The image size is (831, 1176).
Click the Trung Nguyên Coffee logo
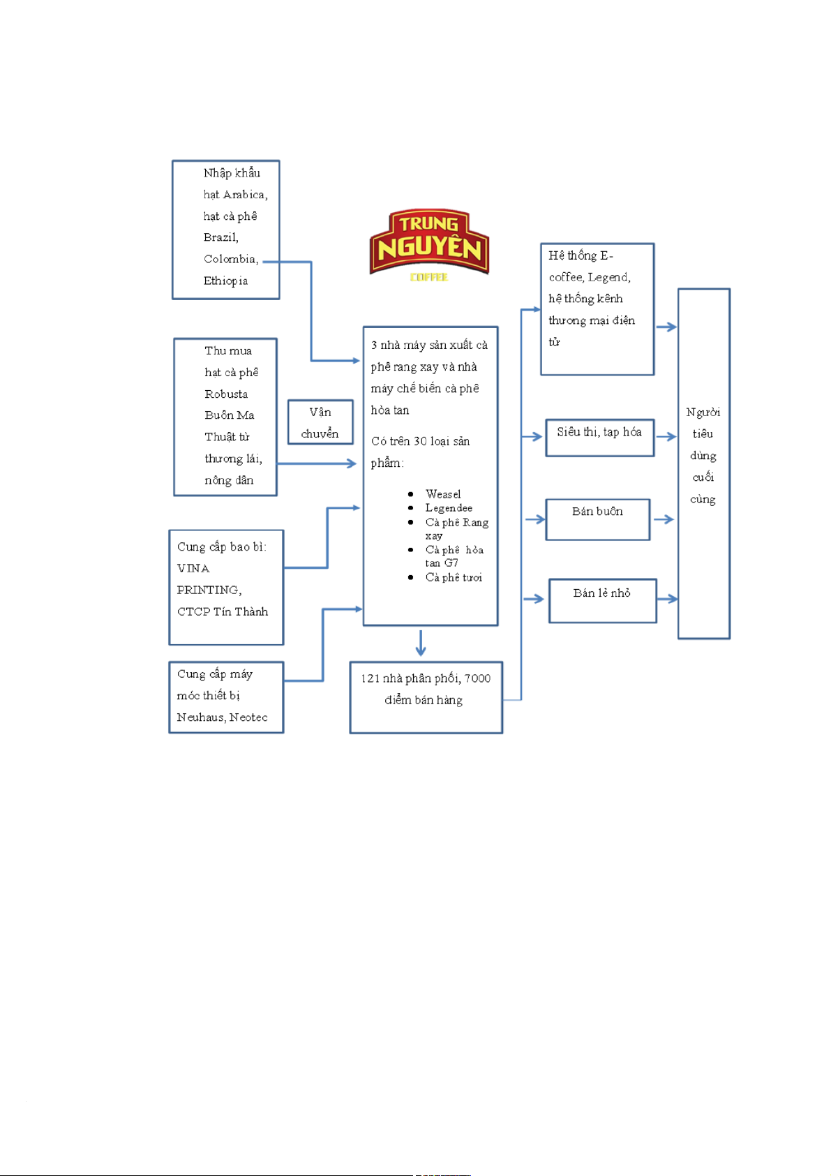[x=428, y=244]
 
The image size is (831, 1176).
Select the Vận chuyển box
[x=320, y=422]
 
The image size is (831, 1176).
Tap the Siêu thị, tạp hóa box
[x=599, y=438]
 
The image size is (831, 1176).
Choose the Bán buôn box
[x=597, y=519]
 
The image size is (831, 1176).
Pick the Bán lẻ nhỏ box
[x=602, y=600]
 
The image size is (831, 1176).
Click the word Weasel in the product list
[x=443, y=494]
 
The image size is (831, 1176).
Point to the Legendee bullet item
[x=449, y=508]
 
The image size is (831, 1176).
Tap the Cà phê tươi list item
[x=454, y=577]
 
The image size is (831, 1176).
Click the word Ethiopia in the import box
[x=225, y=281]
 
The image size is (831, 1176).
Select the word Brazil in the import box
[x=220, y=237]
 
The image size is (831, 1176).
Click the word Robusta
[x=226, y=394]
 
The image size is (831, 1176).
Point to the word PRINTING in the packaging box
[x=208, y=590]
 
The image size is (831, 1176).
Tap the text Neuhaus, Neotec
[x=222, y=717]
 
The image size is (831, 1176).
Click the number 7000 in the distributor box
[x=477, y=678]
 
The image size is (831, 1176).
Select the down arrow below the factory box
[x=420, y=643]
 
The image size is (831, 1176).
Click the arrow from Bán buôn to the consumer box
[x=664, y=519]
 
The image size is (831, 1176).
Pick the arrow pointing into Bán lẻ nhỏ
[x=534, y=599]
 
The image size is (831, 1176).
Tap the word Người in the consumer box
[x=703, y=412]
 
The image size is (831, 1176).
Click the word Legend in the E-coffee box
[x=608, y=277]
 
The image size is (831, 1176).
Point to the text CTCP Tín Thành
[x=223, y=611]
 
